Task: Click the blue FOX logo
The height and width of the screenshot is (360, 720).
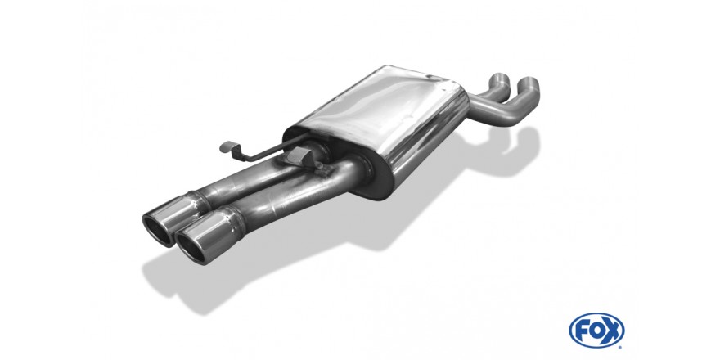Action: click(596, 331)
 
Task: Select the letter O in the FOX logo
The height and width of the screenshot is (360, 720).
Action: click(596, 331)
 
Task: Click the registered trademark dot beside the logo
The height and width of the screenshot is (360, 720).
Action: click(621, 346)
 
